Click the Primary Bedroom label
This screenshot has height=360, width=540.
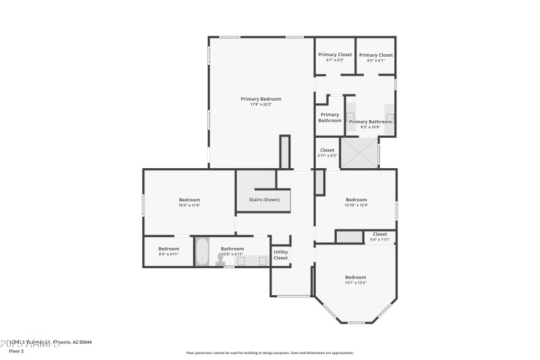[261, 99]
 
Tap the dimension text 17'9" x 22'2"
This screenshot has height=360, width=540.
[261, 105]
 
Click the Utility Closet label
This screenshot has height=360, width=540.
[280, 255]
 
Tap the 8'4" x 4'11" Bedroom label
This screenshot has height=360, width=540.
[168, 249]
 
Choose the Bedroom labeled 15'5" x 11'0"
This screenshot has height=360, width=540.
[189, 199]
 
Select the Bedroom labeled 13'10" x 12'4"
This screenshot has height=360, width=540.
[356, 199]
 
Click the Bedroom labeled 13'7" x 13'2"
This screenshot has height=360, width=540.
[355, 277]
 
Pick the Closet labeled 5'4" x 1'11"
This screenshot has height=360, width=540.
[379, 234]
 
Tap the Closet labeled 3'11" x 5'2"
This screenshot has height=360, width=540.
[327, 150]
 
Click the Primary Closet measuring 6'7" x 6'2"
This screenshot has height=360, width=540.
[335, 55]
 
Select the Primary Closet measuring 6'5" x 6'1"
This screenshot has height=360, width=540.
[376, 55]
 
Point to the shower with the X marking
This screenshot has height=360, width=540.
[359, 153]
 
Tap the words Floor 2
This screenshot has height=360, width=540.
[16, 351]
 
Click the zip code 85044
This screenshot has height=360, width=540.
[85, 342]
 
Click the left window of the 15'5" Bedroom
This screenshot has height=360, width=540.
[143, 205]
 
